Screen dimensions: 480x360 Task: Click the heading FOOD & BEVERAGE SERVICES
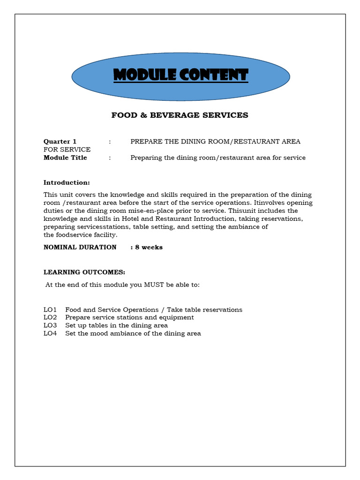pyautogui.click(x=180, y=115)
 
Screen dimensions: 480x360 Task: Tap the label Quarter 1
pyautogui.click(x=60, y=142)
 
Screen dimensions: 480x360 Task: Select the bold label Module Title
pyautogui.click(x=65, y=158)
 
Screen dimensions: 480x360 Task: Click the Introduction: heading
pyautogui.click(x=67, y=183)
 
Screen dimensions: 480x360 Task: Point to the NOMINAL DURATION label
pyautogui.click(x=80, y=247)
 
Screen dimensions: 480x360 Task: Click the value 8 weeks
pyautogui.click(x=149, y=247)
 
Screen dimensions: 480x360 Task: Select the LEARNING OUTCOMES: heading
pyautogui.click(x=84, y=272)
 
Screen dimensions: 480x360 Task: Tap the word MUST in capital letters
pyautogui.click(x=148, y=285)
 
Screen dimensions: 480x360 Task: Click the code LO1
pyautogui.click(x=50, y=310)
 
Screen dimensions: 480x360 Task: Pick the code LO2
pyautogui.click(x=50, y=318)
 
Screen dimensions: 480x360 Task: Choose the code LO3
pyautogui.click(x=50, y=326)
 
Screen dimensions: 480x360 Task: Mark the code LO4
pyautogui.click(x=50, y=334)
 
